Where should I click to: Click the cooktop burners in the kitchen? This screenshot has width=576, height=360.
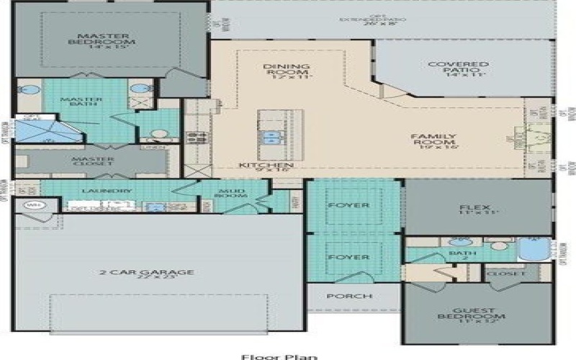[193, 137]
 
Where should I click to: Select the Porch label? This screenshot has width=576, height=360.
[350, 296]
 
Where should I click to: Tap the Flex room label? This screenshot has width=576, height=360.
[469, 209]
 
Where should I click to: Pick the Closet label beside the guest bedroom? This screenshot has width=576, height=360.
[500, 274]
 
